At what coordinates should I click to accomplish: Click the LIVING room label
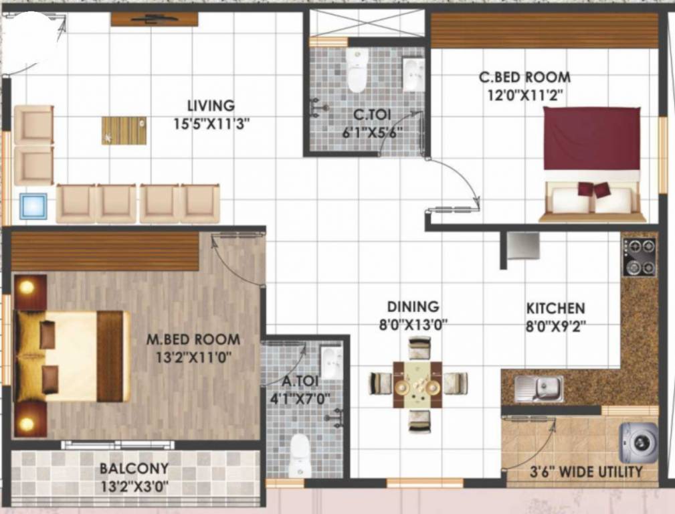tap(211, 106)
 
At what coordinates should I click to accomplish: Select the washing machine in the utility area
tap(638, 442)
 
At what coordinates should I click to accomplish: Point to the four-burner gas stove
tap(639, 257)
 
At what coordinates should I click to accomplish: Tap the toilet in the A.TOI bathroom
tap(298, 455)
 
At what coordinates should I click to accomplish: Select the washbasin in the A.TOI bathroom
tap(330, 361)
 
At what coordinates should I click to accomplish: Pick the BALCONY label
tap(134, 468)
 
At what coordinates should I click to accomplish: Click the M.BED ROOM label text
tap(193, 339)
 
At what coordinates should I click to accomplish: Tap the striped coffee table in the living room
tap(124, 130)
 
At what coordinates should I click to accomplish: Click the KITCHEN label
tap(555, 309)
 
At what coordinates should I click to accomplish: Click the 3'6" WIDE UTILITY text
tap(575, 472)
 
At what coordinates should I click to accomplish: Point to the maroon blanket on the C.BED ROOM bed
tap(591, 139)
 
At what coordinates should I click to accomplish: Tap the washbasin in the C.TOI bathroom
tap(411, 74)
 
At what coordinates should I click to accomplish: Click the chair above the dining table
tap(419, 347)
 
